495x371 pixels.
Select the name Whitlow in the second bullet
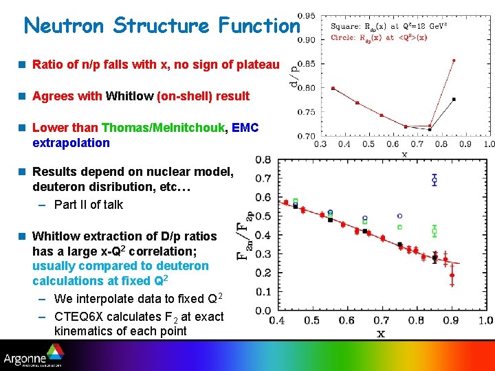pos(130,96)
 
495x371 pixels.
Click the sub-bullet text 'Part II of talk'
pos(89,204)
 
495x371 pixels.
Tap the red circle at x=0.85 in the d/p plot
pos(454,60)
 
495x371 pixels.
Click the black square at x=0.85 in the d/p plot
pos(454,99)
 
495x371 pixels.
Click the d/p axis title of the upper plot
pos(294,75)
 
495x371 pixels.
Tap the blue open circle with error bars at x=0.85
pos(434,180)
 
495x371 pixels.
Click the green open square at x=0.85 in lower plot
pos(434,230)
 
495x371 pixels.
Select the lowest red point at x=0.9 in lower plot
pos(452,276)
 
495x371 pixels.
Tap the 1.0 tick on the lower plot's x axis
pos(485,320)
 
